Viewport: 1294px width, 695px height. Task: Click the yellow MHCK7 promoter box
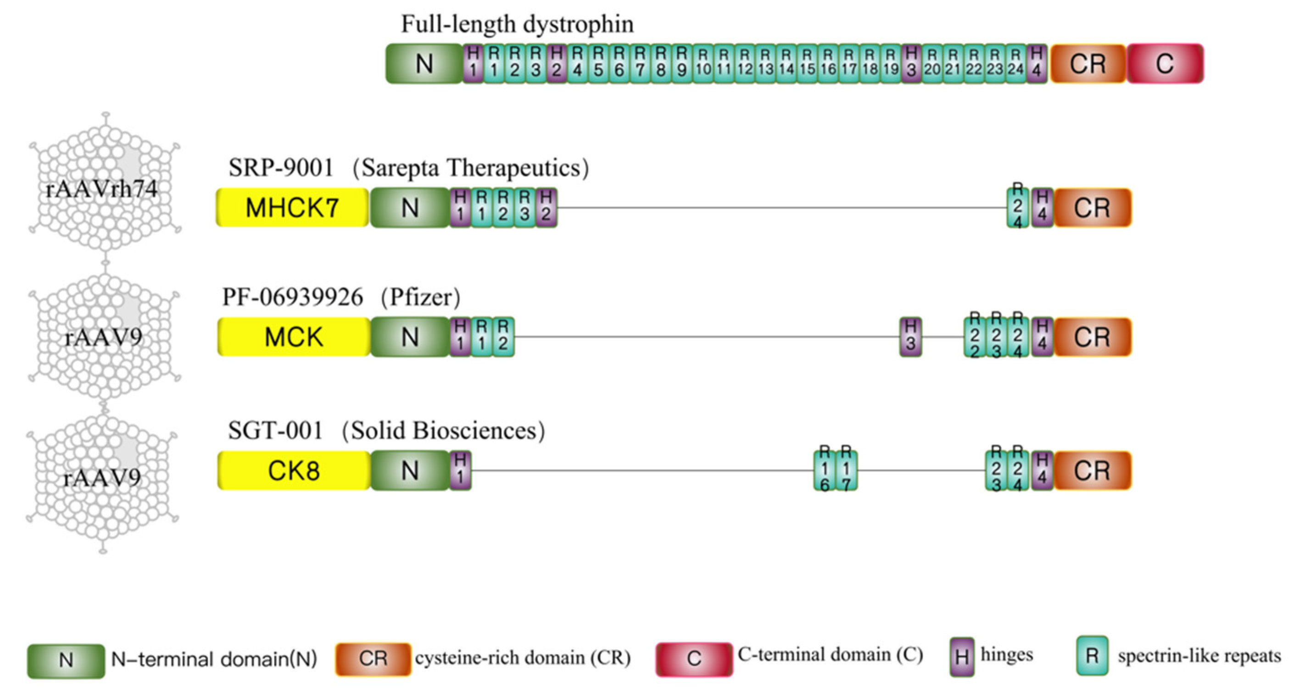point(292,207)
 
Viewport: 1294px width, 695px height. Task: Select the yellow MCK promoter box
point(294,336)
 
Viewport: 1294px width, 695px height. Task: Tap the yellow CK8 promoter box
point(294,471)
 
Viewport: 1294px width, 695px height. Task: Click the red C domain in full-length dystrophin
point(1165,64)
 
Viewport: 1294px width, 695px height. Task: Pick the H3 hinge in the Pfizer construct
point(910,336)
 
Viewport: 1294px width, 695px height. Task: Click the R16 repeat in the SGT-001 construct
point(824,471)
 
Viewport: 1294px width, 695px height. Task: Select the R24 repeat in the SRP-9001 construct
point(1017,207)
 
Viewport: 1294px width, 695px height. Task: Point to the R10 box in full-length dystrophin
point(703,64)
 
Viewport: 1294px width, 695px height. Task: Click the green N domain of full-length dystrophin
point(424,64)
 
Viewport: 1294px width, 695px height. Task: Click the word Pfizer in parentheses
point(421,297)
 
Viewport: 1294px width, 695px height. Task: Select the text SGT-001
point(275,431)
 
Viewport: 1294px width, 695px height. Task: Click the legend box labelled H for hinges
point(961,657)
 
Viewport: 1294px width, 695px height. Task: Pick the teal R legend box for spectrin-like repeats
point(1092,656)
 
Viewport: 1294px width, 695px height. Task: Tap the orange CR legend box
point(373,659)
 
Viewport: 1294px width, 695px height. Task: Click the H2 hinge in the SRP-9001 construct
point(546,207)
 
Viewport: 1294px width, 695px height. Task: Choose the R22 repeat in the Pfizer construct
point(975,336)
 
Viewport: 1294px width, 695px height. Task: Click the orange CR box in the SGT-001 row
point(1092,471)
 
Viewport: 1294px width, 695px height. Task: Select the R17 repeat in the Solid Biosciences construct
point(847,471)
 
